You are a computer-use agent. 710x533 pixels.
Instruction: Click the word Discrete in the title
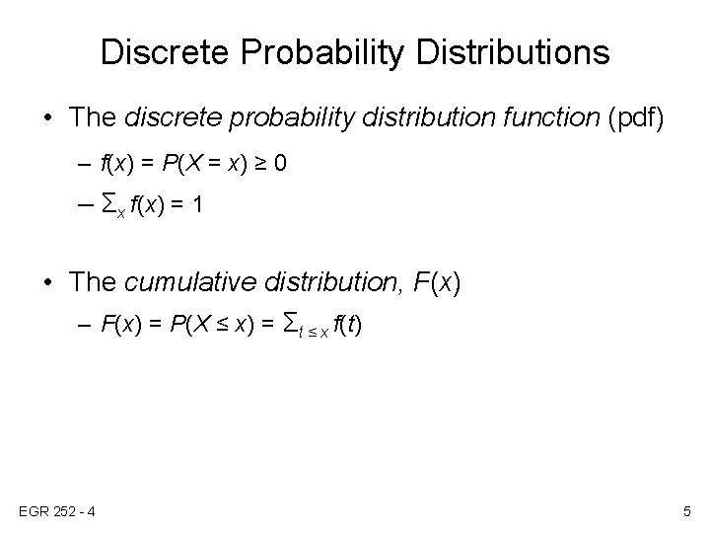165,51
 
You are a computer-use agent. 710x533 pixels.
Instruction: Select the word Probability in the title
321,54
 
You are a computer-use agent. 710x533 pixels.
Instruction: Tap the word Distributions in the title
513,51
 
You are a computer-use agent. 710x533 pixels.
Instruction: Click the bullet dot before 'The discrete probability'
48,117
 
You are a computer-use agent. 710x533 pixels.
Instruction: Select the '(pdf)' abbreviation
636,118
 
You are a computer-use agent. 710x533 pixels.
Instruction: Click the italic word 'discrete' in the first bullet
174,116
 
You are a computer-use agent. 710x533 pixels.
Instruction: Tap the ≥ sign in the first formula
260,163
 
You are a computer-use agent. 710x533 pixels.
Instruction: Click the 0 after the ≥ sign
280,163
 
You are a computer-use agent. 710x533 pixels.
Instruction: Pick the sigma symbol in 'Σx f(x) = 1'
108,203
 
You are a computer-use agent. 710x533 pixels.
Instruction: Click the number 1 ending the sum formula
197,204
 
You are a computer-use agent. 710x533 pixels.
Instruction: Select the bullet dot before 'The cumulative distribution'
48,282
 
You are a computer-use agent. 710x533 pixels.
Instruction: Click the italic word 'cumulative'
190,281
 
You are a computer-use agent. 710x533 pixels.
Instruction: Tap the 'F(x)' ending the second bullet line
437,283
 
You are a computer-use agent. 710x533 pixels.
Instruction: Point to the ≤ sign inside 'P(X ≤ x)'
222,324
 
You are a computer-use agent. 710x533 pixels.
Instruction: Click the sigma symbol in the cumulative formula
290,323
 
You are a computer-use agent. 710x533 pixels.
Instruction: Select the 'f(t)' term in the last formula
347,325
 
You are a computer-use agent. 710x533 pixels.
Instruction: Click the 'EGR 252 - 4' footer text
57,511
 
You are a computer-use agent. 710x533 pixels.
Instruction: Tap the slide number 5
687,511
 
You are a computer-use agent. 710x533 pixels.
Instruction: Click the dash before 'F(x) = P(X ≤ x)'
85,326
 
